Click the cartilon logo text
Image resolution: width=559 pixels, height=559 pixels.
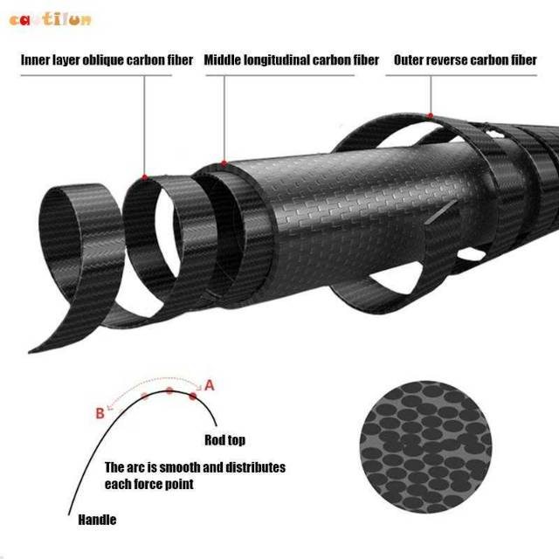50,18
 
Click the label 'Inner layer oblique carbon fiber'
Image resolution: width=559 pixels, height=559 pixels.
107,60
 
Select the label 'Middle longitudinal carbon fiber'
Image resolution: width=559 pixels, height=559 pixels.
292,60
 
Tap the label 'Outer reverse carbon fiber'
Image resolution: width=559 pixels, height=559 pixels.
466,60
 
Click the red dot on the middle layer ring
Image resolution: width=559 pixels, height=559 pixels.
224,162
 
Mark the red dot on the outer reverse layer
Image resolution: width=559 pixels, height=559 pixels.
429,114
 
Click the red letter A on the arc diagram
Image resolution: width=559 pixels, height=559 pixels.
209,383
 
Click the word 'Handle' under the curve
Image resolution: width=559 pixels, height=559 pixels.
97,520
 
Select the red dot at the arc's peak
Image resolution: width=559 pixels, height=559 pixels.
169,390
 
